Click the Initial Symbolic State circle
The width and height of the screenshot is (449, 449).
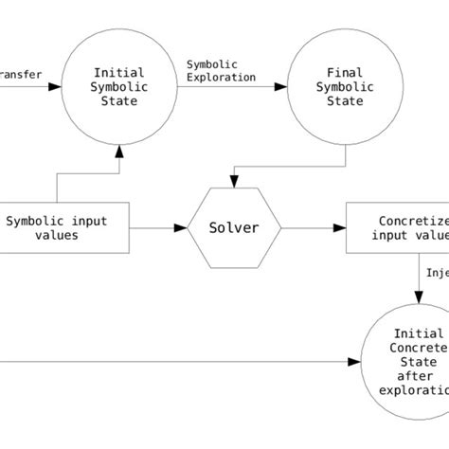118,86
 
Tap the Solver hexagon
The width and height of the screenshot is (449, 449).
233,228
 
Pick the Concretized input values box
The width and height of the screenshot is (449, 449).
397,228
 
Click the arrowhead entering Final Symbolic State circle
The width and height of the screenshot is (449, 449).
283,86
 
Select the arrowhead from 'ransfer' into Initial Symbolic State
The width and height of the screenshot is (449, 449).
56,86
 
